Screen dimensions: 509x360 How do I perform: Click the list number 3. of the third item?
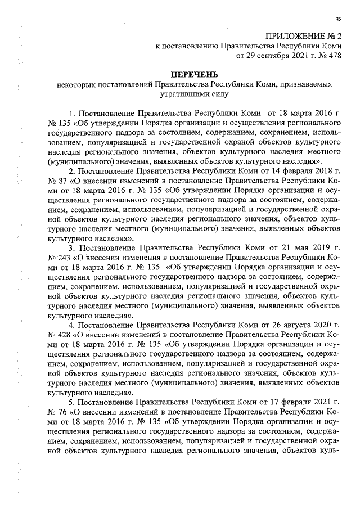[x=72, y=247]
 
